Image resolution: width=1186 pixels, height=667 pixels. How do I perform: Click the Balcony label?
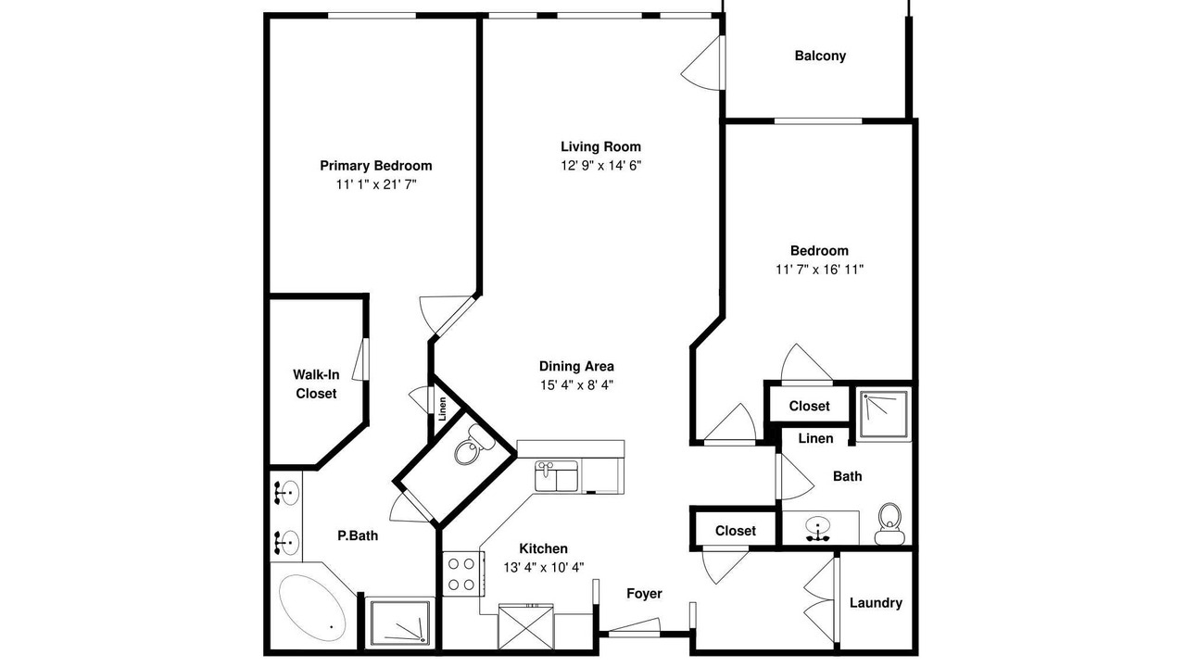pyautogui.click(x=820, y=56)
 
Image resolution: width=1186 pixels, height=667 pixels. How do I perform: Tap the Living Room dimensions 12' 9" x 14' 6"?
pyautogui.click(x=601, y=166)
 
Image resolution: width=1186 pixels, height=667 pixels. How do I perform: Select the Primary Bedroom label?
pyautogui.click(x=376, y=166)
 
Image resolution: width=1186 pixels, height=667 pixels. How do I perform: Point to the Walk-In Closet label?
pyautogui.click(x=316, y=384)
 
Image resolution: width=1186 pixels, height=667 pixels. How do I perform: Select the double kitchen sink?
pyautogui.click(x=556, y=475)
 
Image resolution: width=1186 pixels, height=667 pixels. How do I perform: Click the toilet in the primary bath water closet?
pyautogui.click(x=470, y=445)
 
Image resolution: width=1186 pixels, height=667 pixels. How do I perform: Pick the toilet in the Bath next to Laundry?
pyautogui.click(x=889, y=523)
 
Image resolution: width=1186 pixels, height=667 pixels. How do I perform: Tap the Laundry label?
pyautogui.click(x=876, y=603)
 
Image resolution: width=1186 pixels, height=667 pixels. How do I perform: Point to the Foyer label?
pyautogui.click(x=644, y=594)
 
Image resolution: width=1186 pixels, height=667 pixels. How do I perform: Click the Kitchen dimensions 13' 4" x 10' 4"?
pyautogui.click(x=544, y=568)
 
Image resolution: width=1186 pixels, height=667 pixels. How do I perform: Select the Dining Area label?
pyautogui.click(x=576, y=366)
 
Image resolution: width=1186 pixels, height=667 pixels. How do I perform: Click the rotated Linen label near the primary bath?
pyautogui.click(x=443, y=409)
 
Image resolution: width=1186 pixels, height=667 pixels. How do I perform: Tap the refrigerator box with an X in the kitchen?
pyautogui.click(x=525, y=627)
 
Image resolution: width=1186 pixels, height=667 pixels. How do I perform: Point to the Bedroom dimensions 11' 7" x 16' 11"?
pyautogui.click(x=820, y=270)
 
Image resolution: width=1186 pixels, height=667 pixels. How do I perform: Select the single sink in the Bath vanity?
pyautogui.click(x=818, y=528)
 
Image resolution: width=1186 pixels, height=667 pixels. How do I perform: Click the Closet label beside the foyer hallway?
pyautogui.click(x=736, y=531)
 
